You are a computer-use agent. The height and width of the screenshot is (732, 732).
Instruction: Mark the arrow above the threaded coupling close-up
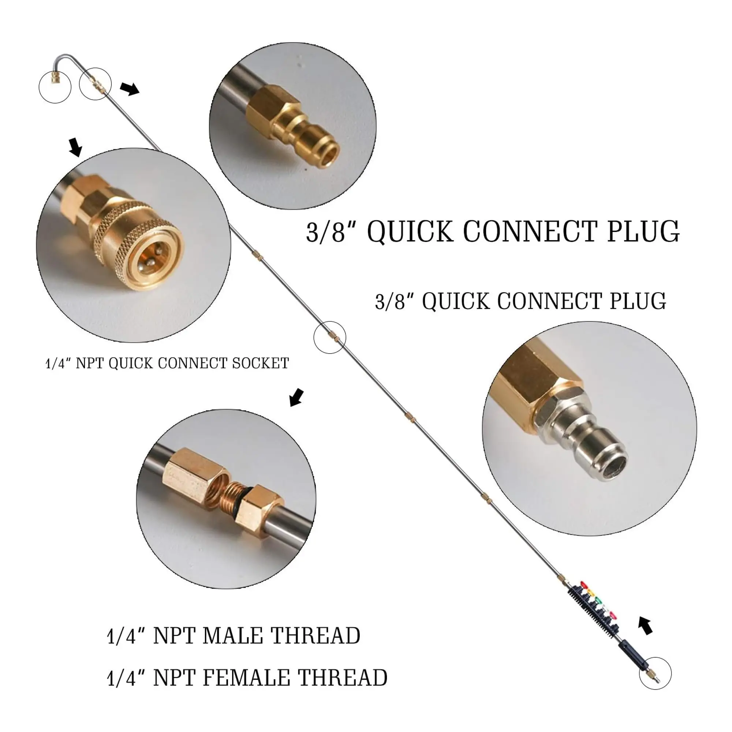coord(296,397)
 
